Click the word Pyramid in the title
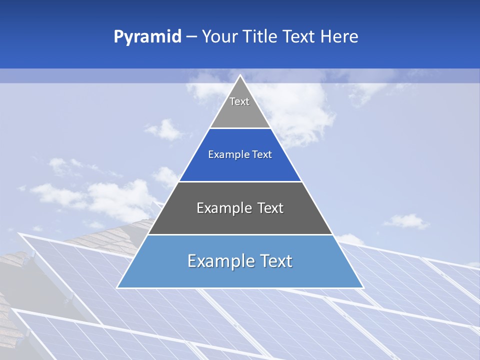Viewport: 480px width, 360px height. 147,37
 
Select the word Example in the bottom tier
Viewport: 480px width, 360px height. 218,261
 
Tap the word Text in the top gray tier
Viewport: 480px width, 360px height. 239,101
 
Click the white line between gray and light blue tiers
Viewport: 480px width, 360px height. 240,234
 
